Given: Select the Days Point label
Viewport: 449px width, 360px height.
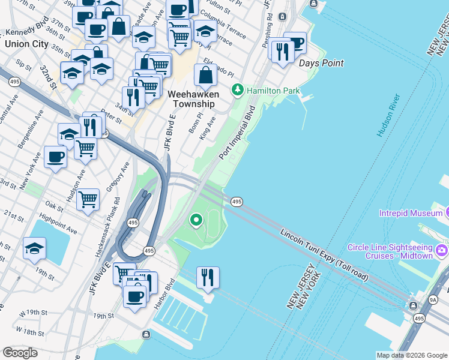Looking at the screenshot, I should [321, 63].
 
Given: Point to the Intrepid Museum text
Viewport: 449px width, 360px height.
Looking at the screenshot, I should [411, 214].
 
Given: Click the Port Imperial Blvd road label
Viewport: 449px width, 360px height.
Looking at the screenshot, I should [238, 133].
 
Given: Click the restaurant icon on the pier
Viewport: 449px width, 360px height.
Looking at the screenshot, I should [208, 277].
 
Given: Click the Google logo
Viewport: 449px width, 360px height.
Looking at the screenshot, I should [20, 352].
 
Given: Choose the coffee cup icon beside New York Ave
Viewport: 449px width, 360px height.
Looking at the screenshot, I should [56, 157].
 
